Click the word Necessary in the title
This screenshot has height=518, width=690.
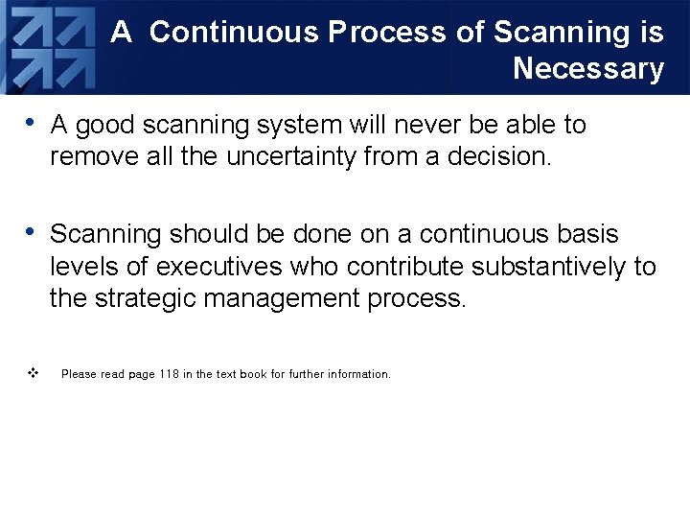pos(587,69)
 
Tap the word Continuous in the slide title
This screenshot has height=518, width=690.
pos(235,33)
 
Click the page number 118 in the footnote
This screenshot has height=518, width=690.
pos(170,374)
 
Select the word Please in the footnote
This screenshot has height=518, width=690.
pos(79,374)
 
